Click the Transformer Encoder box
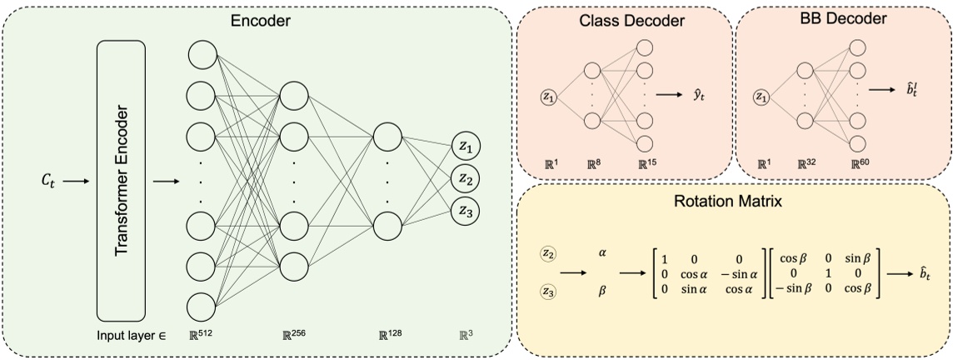tap(121, 182)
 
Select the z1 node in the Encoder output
tap(466, 148)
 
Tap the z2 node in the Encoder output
tap(466, 179)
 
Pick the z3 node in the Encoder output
tap(466, 211)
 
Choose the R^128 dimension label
tap(390, 336)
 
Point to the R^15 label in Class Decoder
tap(648, 166)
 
